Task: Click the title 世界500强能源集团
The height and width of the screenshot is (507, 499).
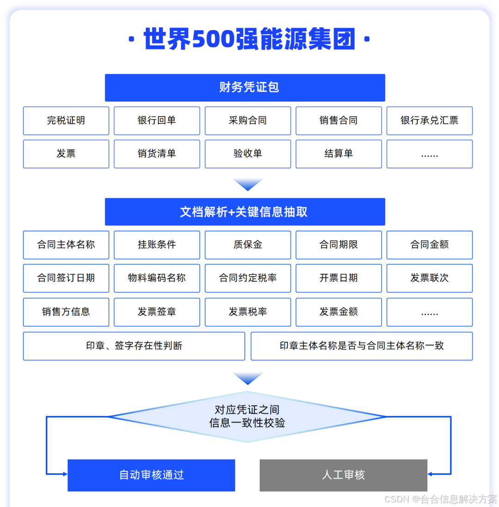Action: [249, 39]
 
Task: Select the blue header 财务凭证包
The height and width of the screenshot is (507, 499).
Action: [245, 87]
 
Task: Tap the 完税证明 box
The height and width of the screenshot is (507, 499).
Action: [66, 121]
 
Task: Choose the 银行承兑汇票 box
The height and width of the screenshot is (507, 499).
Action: [429, 121]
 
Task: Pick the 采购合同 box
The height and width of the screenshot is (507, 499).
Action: [248, 121]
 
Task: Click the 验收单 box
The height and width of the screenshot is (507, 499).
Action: [248, 154]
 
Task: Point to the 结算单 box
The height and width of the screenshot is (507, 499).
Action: [339, 154]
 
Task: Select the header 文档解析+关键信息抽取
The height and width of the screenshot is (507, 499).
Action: [245, 211]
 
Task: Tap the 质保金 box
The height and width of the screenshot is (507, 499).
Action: [248, 245]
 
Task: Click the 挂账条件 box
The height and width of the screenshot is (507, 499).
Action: [157, 245]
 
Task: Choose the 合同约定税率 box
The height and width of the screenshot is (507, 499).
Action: [248, 278]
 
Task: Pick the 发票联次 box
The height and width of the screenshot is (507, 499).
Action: [429, 278]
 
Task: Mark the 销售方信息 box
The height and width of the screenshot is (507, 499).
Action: [66, 312]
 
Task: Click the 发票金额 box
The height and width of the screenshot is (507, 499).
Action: [339, 312]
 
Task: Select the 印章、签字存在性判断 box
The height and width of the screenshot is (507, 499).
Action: [134, 346]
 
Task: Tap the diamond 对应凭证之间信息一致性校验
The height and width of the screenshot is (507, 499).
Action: [247, 416]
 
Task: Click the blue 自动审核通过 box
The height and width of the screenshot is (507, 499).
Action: [152, 475]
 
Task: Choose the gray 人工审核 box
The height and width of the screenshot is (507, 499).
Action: [343, 475]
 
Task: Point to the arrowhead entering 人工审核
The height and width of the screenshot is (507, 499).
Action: [430, 474]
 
